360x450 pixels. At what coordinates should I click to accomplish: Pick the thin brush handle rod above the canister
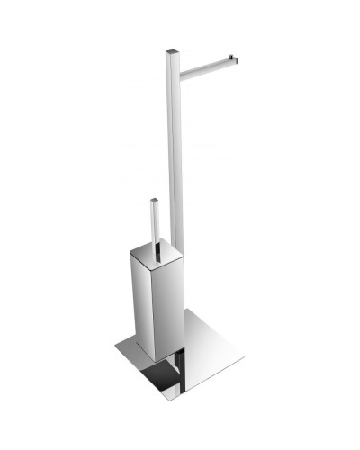[154, 225]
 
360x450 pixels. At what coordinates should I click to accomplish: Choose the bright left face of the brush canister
[145, 297]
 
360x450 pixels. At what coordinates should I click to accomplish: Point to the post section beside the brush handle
[174, 225]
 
